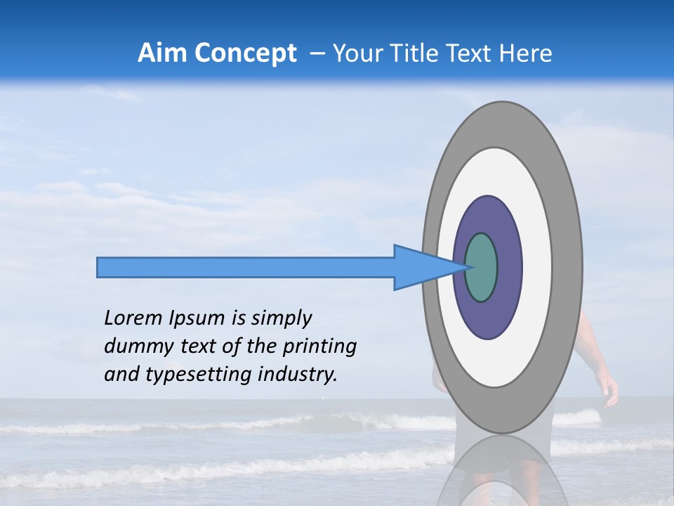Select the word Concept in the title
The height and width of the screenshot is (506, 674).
click(x=246, y=53)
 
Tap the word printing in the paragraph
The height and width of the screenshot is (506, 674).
click(x=319, y=346)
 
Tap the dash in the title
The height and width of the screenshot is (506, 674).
click(x=317, y=54)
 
